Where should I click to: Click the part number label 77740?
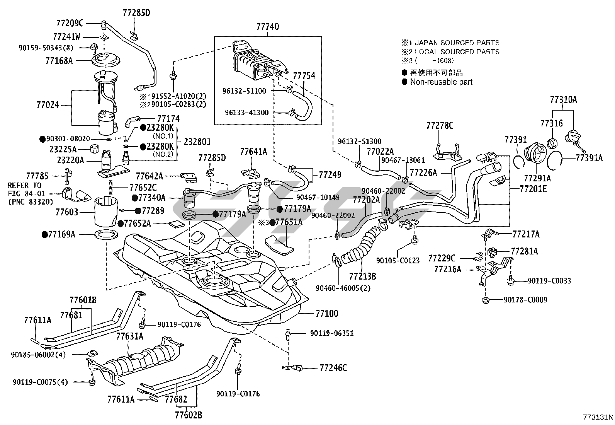[x=267, y=27]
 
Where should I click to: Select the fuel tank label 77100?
[x=326, y=313]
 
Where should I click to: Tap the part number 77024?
[x=48, y=105]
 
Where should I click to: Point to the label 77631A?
[x=130, y=336]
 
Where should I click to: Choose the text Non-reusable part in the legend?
[x=441, y=82]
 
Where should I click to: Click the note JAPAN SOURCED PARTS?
[x=457, y=43]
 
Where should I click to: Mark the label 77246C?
[x=333, y=368]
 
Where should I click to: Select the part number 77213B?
[x=362, y=276]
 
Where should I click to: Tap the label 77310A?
[x=563, y=100]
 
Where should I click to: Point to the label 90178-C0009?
[x=525, y=300]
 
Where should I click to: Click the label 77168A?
[x=59, y=61]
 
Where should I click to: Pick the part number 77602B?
[x=188, y=415]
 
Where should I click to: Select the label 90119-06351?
[x=331, y=333]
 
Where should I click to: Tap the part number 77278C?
[x=440, y=126]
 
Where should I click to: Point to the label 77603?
[x=67, y=212]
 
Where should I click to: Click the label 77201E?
[x=533, y=189]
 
